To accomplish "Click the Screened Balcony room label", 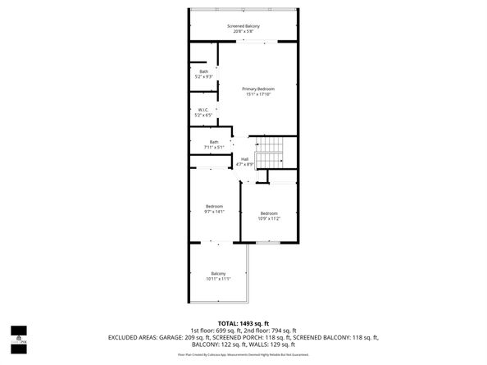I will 243,26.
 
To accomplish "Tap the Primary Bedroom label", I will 257,89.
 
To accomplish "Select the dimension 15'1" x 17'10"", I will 257,94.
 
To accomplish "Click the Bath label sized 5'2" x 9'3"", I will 203,71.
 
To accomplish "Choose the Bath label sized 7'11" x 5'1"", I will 214,142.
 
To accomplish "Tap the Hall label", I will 244,159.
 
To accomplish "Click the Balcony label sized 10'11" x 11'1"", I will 218,273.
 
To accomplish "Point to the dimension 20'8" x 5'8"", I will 243,33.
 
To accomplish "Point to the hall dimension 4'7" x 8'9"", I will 244,165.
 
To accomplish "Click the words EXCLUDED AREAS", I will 130,337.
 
